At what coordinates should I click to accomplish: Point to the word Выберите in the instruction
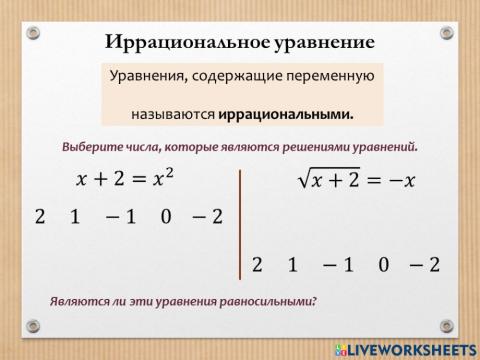click(95, 146)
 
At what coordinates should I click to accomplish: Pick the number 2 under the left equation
click(40, 217)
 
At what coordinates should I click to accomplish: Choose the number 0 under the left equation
click(165, 217)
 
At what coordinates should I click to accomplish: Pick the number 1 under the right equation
click(292, 265)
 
